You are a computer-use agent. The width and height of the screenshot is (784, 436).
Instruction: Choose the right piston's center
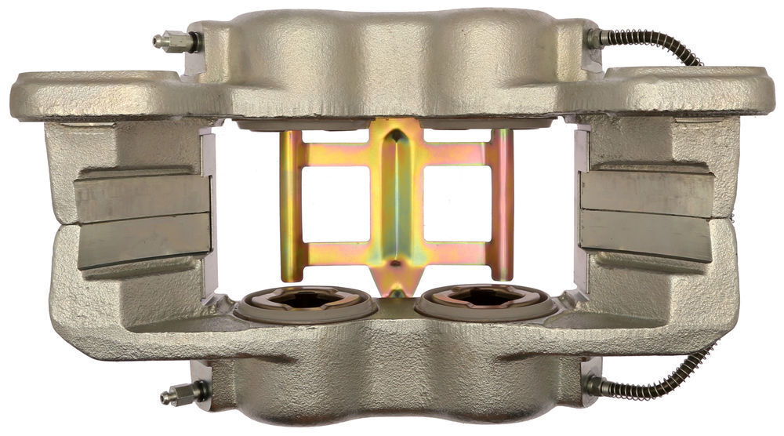coord(487,299)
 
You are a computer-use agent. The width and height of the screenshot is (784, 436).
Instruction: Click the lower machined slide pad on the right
coord(645,236)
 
